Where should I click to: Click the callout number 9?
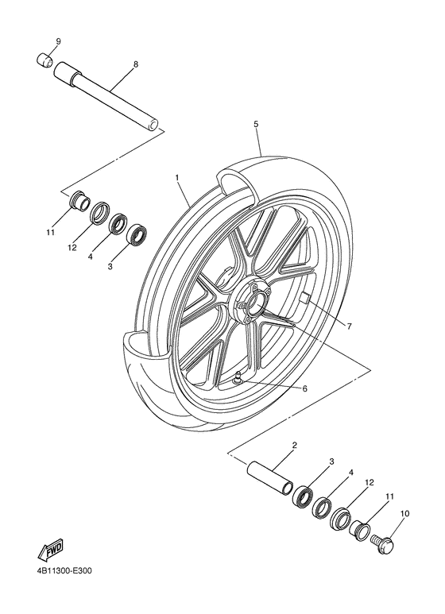(x=58, y=41)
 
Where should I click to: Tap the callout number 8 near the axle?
(x=135, y=64)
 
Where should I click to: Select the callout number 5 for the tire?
(x=256, y=124)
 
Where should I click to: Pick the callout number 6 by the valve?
(x=304, y=388)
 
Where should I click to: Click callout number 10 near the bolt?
(x=405, y=514)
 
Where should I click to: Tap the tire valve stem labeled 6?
(x=240, y=380)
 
